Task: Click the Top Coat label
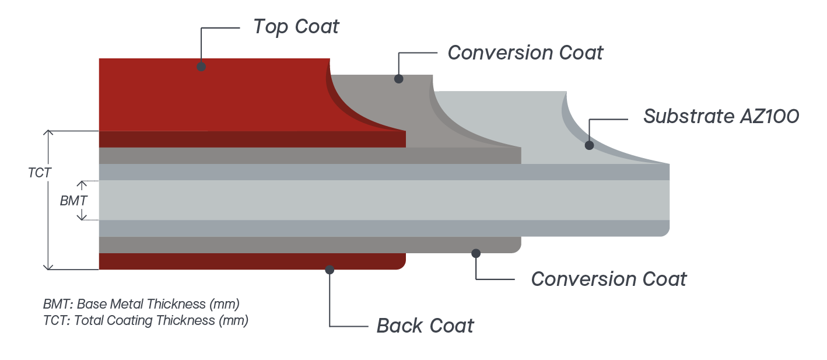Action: pyautogui.click(x=296, y=26)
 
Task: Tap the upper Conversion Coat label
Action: pyautogui.click(x=525, y=53)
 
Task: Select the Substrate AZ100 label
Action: pyautogui.click(x=721, y=116)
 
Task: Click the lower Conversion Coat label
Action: pyautogui.click(x=609, y=279)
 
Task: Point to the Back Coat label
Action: pyautogui.click(x=425, y=326)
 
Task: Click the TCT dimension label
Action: pyautogui.click(x=40, y=173)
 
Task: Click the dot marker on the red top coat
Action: pyautogui.click(x=201, y=67)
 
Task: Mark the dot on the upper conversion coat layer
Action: pyautogui.click(x=399, y=78)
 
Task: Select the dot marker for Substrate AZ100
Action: pyautogui.click(x=589, y=145)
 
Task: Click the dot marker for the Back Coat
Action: pyautogui.click(x=330, y=270)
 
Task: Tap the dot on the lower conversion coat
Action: pyautogui.click(x=476, y=253)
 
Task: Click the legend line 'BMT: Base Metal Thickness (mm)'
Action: pyautogui.click(x=141, y=304)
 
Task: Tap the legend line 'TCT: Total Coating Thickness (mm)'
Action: pyautogui.click(x=146, y=320)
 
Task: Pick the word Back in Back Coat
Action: pyautogui.click(x=400, y=326)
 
